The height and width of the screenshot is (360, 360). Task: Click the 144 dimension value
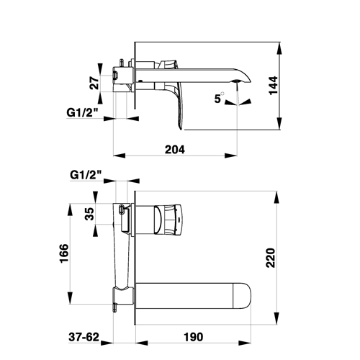(x=274, y=86)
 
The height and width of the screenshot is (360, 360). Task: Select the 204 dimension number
(x=175, y=150)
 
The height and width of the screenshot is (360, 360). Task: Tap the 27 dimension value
(x=94, y=83)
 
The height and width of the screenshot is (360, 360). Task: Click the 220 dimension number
(x=271, y=258)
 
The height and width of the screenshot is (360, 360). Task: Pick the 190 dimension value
(x=194, y=337)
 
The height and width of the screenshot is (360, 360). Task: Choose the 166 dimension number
(x=64, y=253)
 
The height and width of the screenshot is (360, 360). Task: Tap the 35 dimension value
(x=89, y=214)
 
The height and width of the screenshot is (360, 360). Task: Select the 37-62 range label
(x=84, y=337)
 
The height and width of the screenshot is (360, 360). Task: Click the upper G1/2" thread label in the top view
(x=82, y=112)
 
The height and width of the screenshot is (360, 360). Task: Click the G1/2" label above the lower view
(x=86, y=175)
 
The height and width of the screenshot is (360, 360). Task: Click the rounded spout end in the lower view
(x=243, y=296)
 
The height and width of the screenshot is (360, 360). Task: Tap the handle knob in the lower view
(x=168, y=219)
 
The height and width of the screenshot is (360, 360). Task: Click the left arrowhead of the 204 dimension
(x=120, y=156)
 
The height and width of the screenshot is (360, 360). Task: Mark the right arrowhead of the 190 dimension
(x=245, y=343)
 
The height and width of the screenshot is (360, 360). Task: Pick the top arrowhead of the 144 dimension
(x=279, y=48)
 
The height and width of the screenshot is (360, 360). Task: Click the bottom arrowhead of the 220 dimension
(x=276, y=318)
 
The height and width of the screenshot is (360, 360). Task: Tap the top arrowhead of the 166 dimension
(x=70, y=210)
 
